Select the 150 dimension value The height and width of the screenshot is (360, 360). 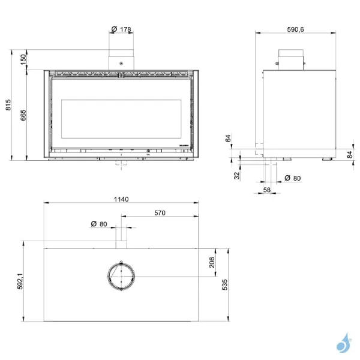coord(23,59)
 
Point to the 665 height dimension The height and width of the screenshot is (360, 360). coord(23,115)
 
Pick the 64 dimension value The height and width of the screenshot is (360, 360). coord(228,139)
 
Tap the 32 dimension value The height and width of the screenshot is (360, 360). coord(237,175)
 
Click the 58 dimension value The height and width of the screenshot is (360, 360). coord(268,190)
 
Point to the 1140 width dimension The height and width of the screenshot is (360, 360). coord(121,199)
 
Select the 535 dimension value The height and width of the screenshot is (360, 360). coord(225,284)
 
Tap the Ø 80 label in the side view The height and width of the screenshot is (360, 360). coord(292,178)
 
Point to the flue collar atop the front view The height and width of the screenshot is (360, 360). coord(121,61)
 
